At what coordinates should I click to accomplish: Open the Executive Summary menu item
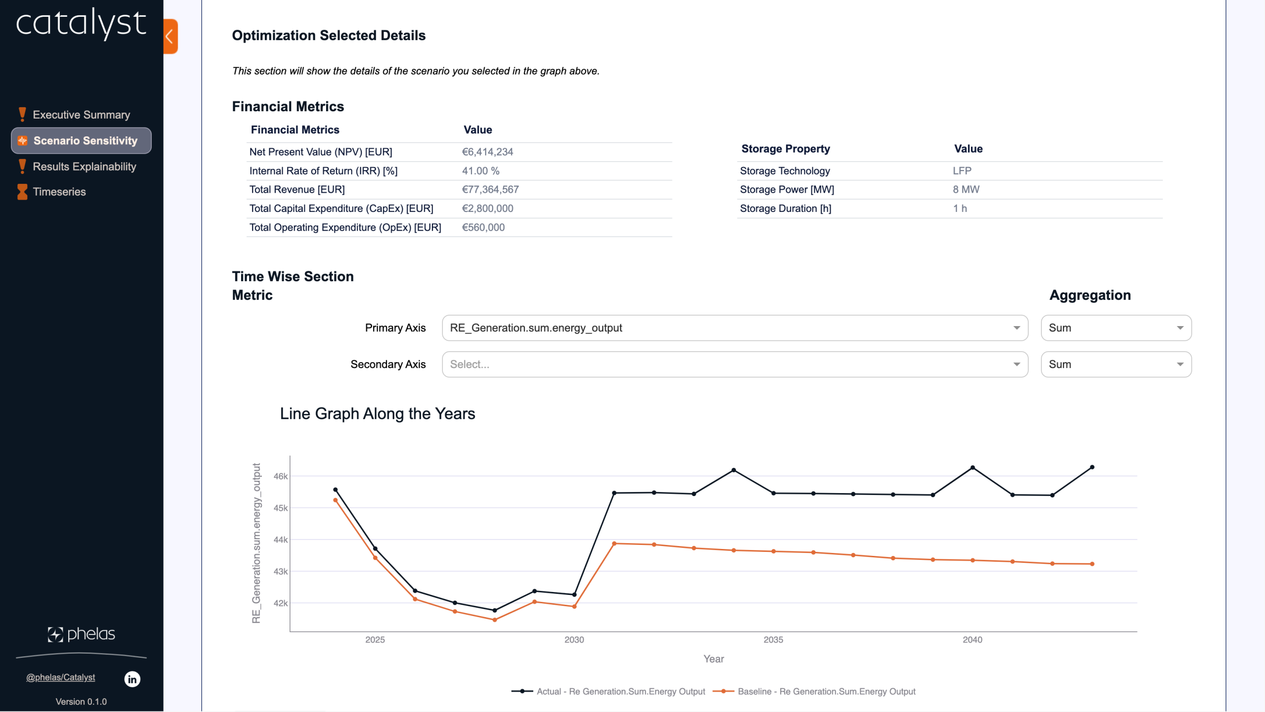81,115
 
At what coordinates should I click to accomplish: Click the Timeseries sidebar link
59,192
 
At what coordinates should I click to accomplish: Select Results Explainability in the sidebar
84,167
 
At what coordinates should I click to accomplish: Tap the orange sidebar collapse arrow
170,36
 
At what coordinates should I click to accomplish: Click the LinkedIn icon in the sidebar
132,679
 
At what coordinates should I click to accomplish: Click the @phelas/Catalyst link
60,677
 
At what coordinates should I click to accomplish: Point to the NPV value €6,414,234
487,152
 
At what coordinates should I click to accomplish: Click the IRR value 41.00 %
480,171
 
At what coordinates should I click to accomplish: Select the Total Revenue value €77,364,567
490,190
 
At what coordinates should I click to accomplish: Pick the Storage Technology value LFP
962,171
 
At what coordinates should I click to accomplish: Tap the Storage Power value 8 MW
966,190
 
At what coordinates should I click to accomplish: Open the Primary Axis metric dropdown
734,328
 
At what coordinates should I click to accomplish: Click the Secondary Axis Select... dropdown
734,365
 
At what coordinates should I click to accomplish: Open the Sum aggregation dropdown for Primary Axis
1116,328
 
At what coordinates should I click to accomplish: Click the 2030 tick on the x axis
574,640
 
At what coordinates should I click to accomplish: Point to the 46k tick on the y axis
281,476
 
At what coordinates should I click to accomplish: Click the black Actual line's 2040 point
972,467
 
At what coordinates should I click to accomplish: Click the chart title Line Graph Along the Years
378,414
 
